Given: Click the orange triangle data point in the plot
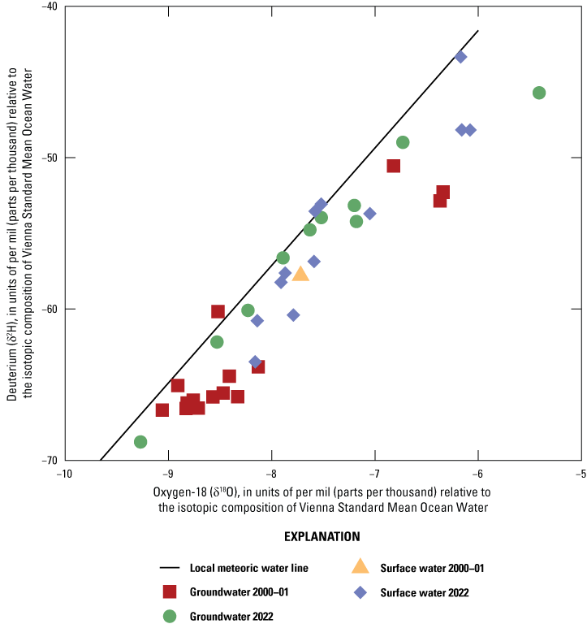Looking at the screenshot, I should [x=300, y=274].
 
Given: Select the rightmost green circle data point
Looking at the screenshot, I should [x=539, y=93].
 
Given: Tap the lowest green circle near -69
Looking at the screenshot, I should [x=140, y=442].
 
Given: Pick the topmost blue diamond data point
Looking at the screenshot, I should [x=460, y=57].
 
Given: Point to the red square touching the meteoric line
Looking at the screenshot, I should [x=218, y=311].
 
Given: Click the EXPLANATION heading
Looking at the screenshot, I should [x=322, y=537].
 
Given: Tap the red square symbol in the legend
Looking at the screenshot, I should [x=170, y=592].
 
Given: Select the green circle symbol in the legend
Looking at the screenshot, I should [x=170, y=616].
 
